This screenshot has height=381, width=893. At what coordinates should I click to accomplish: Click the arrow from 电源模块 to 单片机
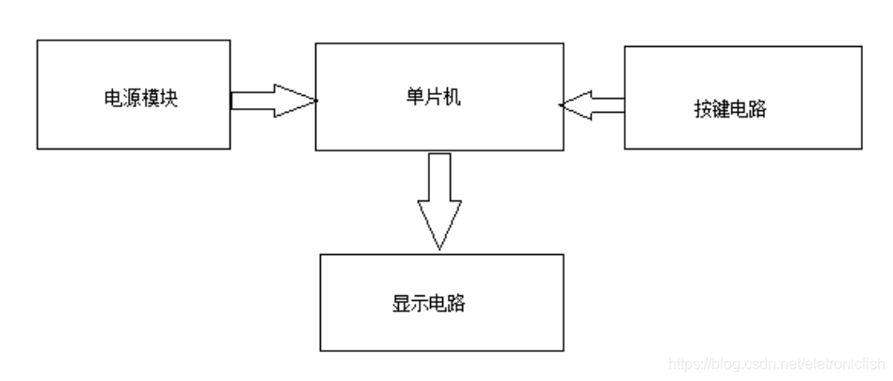pyautogui.click(x=273, y=99)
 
